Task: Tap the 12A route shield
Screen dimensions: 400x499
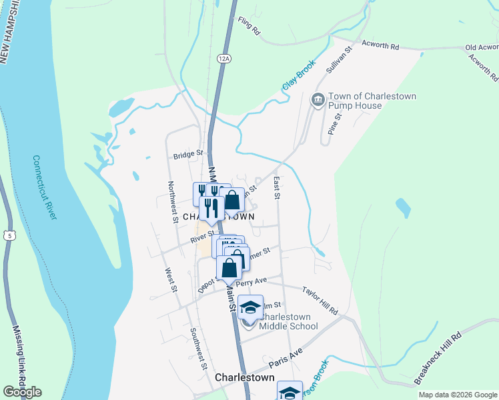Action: click(x=223, y=59)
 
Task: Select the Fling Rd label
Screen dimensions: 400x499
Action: click(x=247, y=27)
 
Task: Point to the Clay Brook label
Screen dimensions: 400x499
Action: click(x=298, y=77)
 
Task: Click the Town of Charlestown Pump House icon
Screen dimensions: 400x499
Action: click(x=318, y=101)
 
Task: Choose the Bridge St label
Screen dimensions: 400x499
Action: click(x=187, y=154)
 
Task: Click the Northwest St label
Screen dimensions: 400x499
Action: click(x=172, y=201)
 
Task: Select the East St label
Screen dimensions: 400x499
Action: click(x=276, y=187)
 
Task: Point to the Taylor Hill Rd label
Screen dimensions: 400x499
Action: click(x=320, y=301)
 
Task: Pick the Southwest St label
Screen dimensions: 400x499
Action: click(x=198, y=348)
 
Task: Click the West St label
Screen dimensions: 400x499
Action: click(x=170, y=279)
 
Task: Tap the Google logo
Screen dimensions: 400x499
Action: click(x=22, y=392)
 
